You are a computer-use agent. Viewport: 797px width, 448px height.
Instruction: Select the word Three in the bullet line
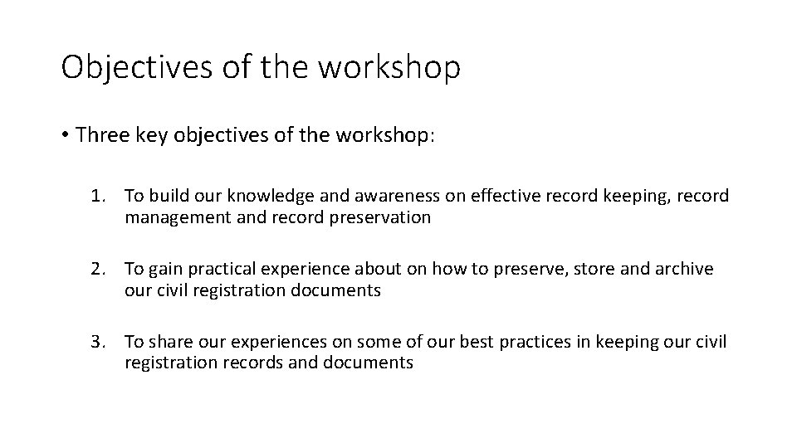[102, 135]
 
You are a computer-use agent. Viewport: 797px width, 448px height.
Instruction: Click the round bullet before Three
[66, 136]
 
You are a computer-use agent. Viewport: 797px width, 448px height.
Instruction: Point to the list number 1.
[98, 197]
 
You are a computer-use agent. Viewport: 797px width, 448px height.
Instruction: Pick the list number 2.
[98, 269]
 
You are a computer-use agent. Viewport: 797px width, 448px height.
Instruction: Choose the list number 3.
[98, 342]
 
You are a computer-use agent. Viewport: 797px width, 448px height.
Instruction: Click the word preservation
[386, 217]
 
